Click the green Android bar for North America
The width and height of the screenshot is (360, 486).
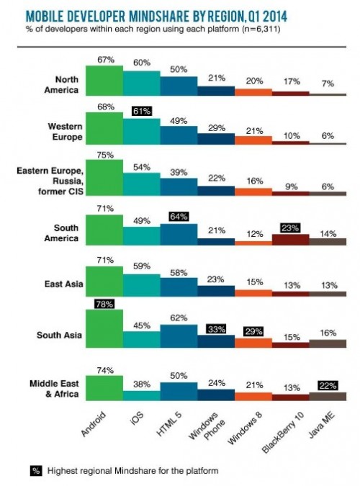(x=104, y=81)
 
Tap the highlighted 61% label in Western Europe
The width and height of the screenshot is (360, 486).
(x=142, y=111)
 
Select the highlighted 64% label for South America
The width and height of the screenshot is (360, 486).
(x=179, y=216)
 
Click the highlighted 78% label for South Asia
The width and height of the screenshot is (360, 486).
(x=104, y=304)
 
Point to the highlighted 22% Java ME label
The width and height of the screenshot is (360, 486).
(x=328, y=386)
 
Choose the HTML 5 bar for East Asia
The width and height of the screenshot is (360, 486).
(x=179, y=287)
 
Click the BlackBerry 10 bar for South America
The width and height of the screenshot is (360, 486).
(x=291, y=240)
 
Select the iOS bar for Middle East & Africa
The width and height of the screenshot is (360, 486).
(x=142, y=395)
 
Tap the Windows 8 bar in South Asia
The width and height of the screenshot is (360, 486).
(x=253, y=343)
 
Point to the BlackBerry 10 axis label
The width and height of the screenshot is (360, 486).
(x=283, y=433)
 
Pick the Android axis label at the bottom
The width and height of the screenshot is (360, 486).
(x=94, y=423)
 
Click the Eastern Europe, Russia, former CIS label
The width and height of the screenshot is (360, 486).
(x=50, y=181)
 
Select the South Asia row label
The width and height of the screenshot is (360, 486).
(x=59, y=335)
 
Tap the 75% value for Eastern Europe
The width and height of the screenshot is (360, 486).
(x=105, y=156)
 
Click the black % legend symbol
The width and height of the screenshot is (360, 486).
(x=36, y=471)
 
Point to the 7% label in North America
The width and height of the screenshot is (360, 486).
(x=328, y=84)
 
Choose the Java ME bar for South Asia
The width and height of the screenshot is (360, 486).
(x=328, y=343)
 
